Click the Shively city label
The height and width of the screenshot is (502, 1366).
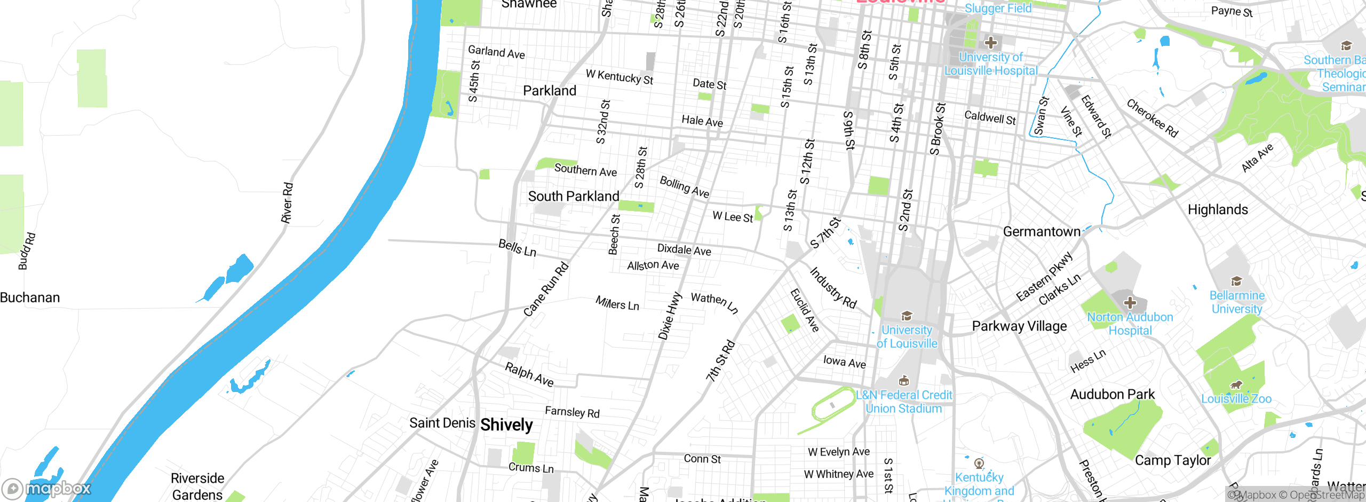coord(506,425)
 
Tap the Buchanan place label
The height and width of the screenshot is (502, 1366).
coord(30,297)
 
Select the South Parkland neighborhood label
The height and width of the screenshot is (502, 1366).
coord(574,197)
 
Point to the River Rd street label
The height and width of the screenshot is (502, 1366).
coord(287,203)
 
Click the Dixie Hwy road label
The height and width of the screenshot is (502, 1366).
coord(669,316)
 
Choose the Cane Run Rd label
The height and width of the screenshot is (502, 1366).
coord(546,289)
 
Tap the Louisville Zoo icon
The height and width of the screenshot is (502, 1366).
coord(1236,385)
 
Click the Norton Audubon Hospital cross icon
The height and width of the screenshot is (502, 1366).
coord(1130,303)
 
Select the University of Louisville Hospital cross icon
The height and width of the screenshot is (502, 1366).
coord(990,43)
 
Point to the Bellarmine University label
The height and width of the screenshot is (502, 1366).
coord(1236,302)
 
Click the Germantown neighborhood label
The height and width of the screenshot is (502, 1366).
coord(1041,232)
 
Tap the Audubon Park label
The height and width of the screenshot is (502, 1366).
coord(1112,395)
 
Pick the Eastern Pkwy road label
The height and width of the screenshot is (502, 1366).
coord(1044,277)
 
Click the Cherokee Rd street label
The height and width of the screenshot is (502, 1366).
coord(1151,118)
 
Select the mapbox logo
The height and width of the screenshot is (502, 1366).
coord(47,488)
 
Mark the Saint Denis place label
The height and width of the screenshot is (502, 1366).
coord(442,423)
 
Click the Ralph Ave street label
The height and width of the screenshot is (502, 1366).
coord(529,374)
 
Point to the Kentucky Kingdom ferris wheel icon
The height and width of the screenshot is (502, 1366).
coord(979,463)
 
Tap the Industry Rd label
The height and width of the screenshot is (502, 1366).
coord(833,288)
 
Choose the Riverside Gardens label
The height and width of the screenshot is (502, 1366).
coord(197,486)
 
